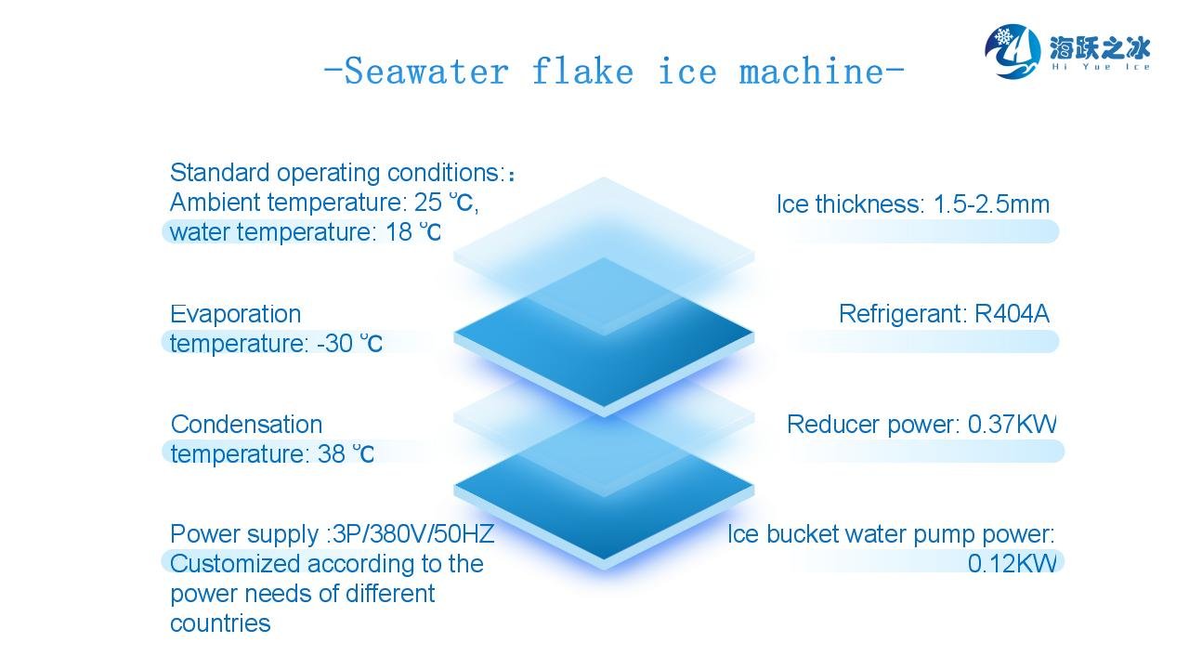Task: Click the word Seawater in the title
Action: [426, 72]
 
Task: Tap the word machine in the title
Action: [811, 71]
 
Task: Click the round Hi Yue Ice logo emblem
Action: [1013, 51]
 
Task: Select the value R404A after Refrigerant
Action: [1012, 314]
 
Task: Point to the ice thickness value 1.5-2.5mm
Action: [991, 204]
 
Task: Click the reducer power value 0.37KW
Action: [1013, 425]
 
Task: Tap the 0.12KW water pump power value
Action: [1013, 563]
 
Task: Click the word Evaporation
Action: [236, 314]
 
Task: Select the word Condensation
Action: [247, 425]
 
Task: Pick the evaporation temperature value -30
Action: [335, 344]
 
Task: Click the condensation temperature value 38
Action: [332, 454]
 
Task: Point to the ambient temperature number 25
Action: [428, 203]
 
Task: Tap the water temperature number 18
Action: [399, 232]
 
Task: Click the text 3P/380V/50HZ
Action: [413, 534]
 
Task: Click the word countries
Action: [220, 623]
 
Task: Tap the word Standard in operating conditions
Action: [220, 173]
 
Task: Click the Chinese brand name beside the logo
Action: [1100, 48]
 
